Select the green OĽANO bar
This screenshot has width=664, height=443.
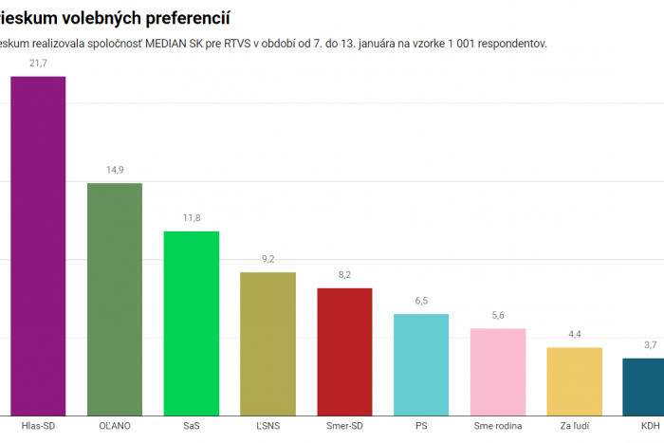[x=115, y=299]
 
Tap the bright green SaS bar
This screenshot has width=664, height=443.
[x=192, y=323]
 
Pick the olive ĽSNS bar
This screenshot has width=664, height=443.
[x=267, y=343]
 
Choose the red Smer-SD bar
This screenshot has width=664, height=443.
[x=344, y=351]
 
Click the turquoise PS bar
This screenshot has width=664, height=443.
[x=421, y=364]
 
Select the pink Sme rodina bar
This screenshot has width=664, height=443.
[x=498, y=371]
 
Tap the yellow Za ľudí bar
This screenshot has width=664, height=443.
[x=574, y=380]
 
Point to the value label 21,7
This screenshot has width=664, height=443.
[x=38, y=63]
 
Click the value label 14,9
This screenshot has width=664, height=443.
[x=115, y=170]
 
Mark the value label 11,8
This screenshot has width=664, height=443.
[x=192, y=218]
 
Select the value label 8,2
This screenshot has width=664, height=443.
[x=344, y=275]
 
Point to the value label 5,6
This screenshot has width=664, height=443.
[x=498, y=315]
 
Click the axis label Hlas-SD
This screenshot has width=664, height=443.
[x=38, y=425]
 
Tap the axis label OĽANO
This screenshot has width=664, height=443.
[x=115, y=425]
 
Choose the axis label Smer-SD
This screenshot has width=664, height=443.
[x=344, y=425]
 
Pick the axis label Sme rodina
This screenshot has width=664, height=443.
[x=498, y=425]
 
